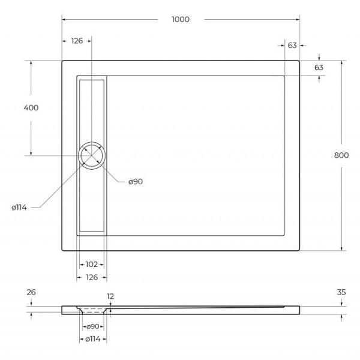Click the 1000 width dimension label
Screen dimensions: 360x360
180,19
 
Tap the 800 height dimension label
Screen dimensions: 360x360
341,155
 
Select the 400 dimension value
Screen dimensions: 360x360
31,108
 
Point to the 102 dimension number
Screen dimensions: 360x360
92,263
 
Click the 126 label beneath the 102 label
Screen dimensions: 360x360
92,277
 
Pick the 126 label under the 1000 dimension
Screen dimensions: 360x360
77,41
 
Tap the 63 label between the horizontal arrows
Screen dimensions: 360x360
293,45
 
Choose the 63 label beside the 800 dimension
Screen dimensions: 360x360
319,67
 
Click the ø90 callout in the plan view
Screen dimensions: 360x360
135,182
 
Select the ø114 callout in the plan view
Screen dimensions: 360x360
19,208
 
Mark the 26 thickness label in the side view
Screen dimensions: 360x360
32,292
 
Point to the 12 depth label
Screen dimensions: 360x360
110,296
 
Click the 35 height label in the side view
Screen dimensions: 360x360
342,292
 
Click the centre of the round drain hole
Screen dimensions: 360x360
92,156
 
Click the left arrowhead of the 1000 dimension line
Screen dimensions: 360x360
64,19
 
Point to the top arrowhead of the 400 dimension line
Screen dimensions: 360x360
31,62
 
